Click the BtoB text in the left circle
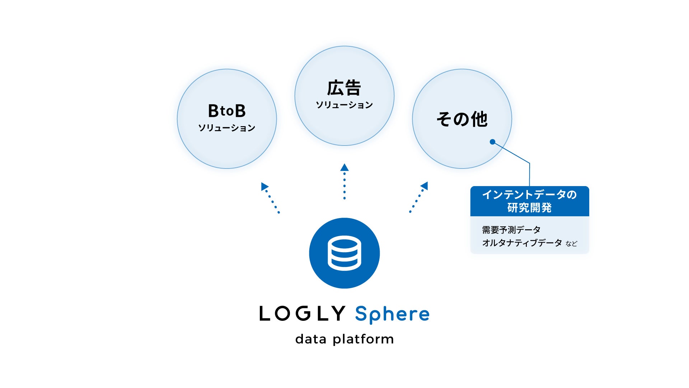tap(227, 111)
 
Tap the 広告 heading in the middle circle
tap(344, 88)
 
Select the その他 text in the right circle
tap(462, 119)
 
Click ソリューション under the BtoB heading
tap(227, 128)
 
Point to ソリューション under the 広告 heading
tap(344, 105)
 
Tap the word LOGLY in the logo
tap(303, 313)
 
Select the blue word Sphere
tap(392, 314)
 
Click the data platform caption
tap(344, 339)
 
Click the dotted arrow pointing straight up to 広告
tap(344, 183)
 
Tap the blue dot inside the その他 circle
tap(493, 142)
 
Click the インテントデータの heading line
tap(529, 194)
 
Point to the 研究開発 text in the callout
tap(529, 208)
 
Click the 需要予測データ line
tap(511, 230)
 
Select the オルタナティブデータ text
tap(522, 243)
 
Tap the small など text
tap(571, 244)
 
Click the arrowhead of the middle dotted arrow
tap(344, 167)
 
